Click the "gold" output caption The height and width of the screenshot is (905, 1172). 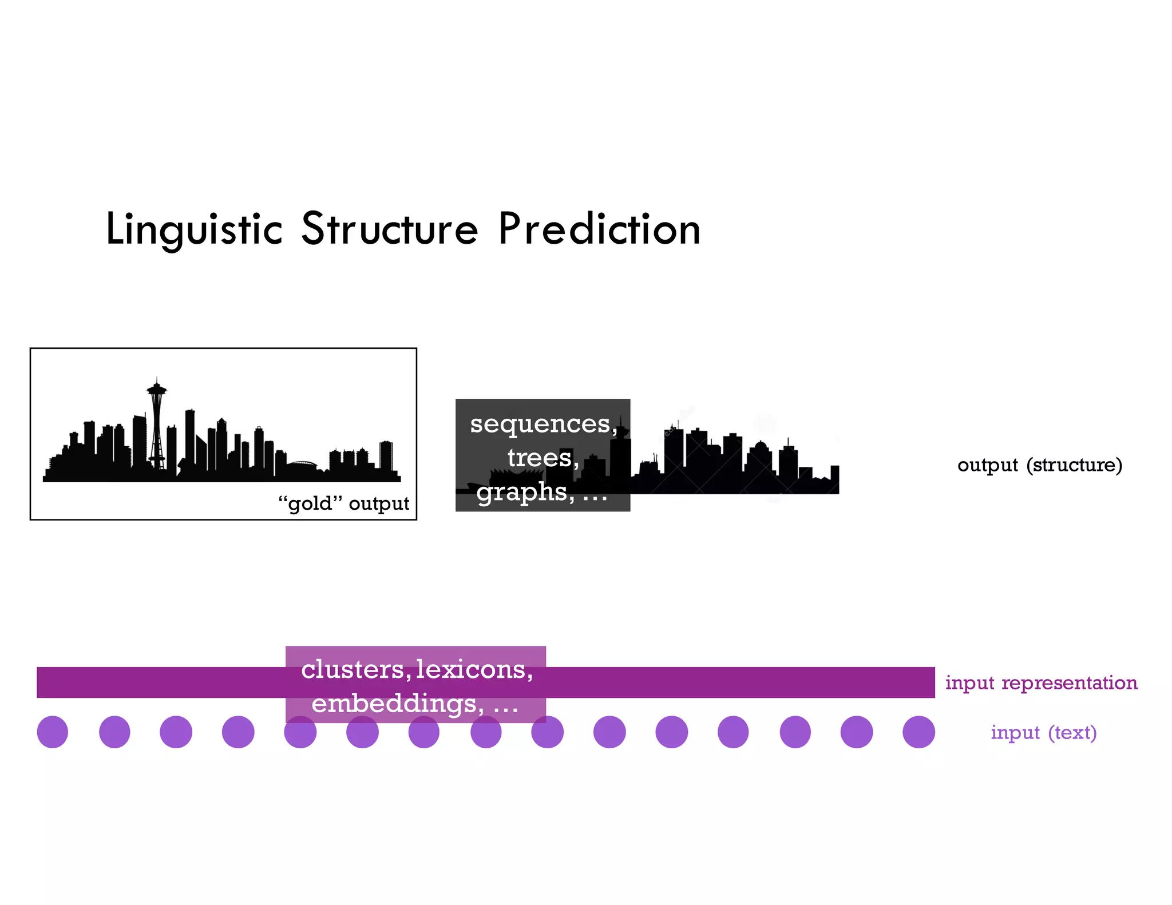point(343,503)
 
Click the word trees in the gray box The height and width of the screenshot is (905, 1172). point(540,458)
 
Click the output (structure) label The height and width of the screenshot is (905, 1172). point(1040,465)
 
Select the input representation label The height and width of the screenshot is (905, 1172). point(1041,682)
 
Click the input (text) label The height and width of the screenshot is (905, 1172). point(1043,732)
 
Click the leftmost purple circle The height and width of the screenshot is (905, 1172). point(53,732)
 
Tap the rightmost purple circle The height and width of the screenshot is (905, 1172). point(918,732)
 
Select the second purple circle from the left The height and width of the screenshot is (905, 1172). point(114,732)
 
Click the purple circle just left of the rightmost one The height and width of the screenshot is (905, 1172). point(857,732)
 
